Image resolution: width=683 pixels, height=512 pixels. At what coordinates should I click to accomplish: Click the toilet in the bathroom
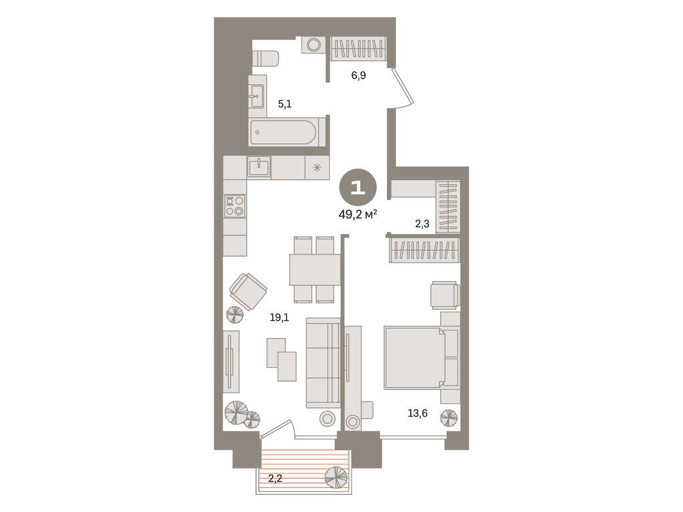point(265,58)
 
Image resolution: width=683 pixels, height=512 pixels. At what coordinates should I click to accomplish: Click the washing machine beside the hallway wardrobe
point(311,45)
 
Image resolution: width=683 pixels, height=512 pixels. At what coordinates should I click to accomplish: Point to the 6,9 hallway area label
point(359,75)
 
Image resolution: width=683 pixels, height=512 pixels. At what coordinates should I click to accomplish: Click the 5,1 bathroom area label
point(285,103)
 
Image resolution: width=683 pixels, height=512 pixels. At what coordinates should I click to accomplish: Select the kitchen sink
point(258,167)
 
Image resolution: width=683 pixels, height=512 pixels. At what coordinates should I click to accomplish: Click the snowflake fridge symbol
point(317,167)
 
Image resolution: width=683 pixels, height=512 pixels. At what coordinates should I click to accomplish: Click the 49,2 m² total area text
point(358,213)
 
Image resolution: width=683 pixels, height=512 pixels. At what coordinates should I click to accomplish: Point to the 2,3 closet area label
point(422,224)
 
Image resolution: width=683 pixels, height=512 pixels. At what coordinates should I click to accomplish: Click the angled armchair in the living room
point(248,291)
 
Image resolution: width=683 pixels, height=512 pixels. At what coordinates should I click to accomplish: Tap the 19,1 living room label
point(279,318)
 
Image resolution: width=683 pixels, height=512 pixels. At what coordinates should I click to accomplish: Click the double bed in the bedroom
point(420,357)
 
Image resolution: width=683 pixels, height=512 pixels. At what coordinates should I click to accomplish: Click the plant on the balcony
point(335,477)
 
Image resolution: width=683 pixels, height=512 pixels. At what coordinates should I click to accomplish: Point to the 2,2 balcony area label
point(275,477)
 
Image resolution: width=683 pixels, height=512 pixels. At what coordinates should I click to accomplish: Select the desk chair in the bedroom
point(445,294)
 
